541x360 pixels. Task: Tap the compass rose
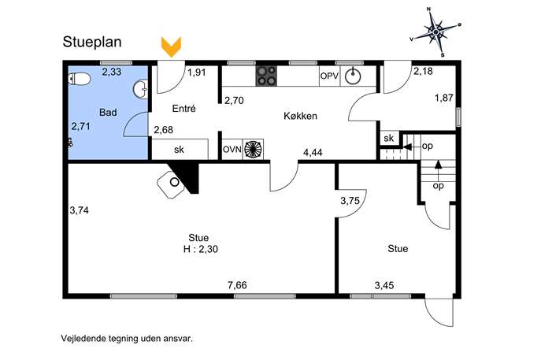pos(435,32)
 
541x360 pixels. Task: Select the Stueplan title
pos(92,42)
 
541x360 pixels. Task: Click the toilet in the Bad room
pos(80,79)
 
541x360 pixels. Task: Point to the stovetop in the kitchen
pos(266,76)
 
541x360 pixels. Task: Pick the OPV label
pos(329,76)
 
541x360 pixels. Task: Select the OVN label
pos(232,150)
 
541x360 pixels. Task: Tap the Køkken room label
pos(300,116)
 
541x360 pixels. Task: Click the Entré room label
pos(184,109)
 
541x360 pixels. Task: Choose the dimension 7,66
pos(237,285)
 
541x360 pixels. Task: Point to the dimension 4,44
pos(313,152)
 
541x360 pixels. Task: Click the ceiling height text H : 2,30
pos(201,249)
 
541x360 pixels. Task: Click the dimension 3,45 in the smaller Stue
pos(384,285)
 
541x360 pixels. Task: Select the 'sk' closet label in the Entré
pos(179,150)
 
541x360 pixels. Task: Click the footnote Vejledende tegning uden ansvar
pos(127,338)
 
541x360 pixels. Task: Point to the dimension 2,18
pos(423,72)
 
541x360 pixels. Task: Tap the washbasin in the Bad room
pos(141,89)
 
